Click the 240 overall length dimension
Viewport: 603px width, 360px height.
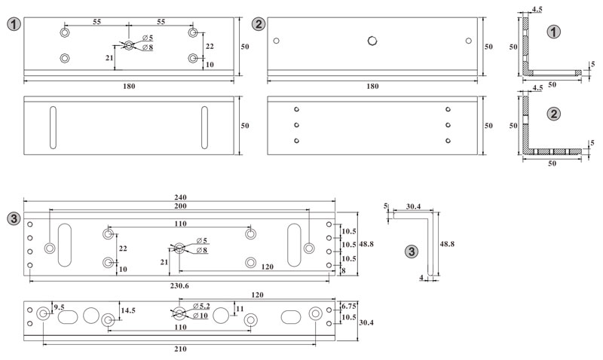[179, 197]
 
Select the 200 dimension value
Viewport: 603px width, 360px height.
[179, 206]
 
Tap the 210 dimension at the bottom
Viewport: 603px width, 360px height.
[179, 349]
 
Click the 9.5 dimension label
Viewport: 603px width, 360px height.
[59, 307]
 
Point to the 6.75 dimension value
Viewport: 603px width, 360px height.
[349, 306]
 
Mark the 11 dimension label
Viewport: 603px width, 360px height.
[239, 309]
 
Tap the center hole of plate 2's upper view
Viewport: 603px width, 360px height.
[372, 41]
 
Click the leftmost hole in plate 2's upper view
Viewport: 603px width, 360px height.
[277, 41]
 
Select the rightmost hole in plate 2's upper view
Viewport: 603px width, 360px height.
[468, 41]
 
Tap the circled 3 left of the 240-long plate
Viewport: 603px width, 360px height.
[13, 219]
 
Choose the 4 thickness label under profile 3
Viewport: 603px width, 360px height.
[421, 279]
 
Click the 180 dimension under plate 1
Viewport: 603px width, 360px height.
[129, 87]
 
